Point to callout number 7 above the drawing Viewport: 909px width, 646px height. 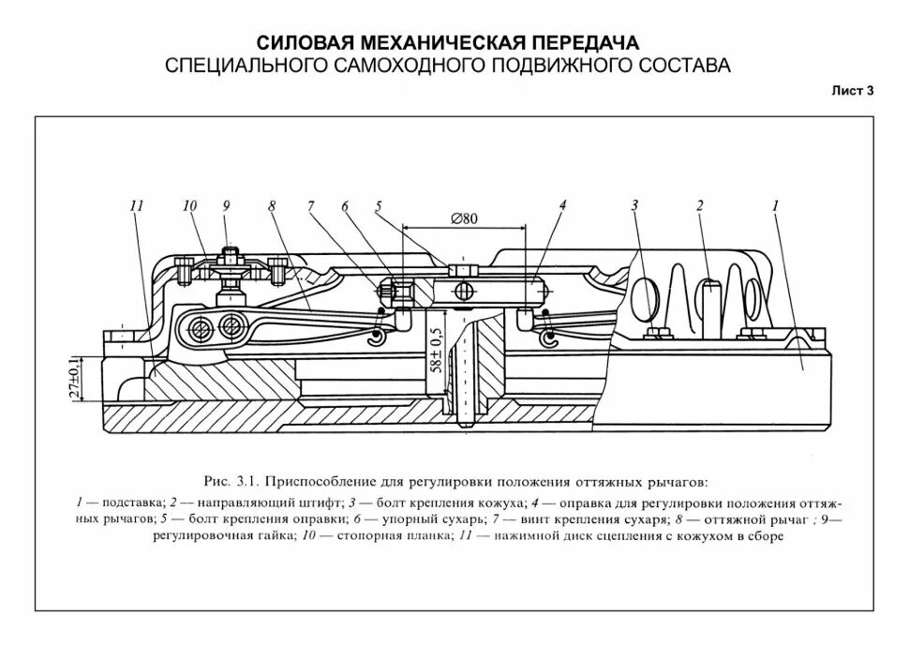309,207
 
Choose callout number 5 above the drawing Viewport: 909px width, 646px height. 379,207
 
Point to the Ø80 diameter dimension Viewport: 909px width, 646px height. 464,218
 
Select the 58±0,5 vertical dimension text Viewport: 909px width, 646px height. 436,353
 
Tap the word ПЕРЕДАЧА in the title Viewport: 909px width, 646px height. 583,44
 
